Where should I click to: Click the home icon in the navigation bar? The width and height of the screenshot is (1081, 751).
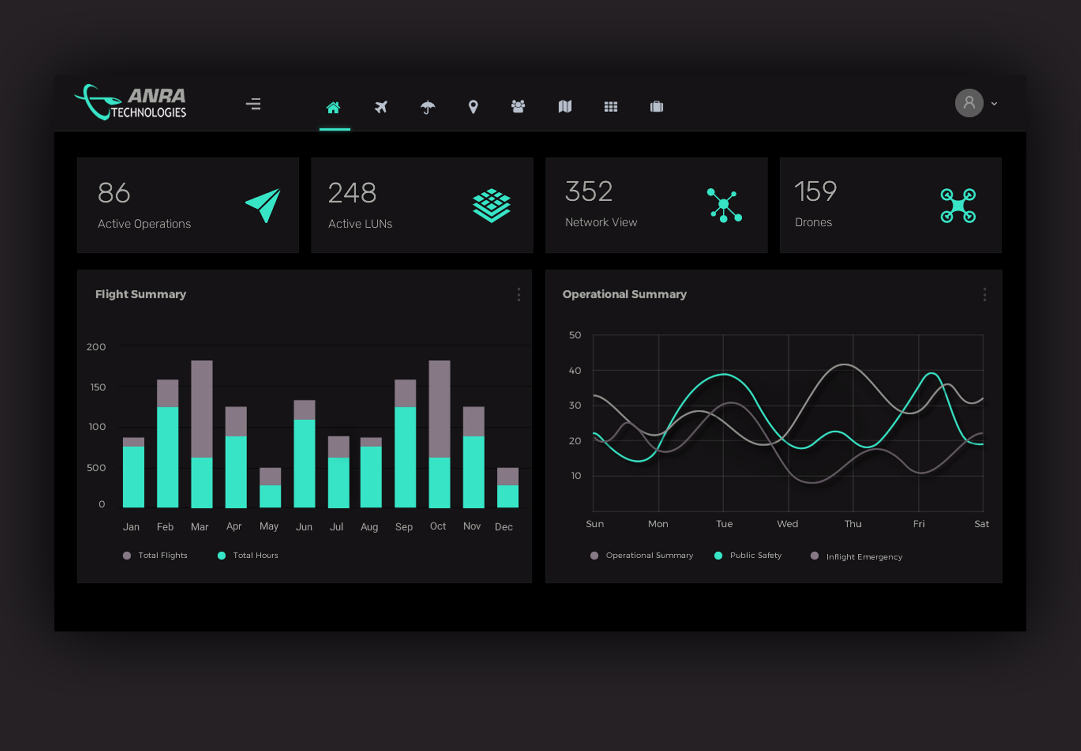point(333,107)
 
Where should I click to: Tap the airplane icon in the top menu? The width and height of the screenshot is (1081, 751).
point(381,107)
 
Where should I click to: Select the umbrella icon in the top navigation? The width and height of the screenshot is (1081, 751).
point(427,107)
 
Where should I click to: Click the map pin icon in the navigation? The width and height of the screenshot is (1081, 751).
point(473,107)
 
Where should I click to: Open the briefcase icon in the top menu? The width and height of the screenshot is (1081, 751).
point(657,107)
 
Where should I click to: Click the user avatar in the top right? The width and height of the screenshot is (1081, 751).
point(969,103)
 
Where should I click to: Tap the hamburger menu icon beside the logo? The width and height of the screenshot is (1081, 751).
point(253,104)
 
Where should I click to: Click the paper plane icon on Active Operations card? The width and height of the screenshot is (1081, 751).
point(263,205)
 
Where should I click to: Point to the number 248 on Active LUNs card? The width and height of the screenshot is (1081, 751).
point(352,193)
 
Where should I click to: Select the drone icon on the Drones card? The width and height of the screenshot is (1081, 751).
point(958,205)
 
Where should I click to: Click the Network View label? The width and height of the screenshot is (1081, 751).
point(601,222)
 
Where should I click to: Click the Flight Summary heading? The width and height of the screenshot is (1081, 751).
point(141,294)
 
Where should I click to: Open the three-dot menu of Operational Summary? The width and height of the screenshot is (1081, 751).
point(984,294)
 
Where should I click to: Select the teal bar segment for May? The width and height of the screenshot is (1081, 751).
point(270,496)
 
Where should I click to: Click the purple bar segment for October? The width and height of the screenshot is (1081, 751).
point(439,409)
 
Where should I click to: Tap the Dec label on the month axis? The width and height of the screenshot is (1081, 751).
point(503,527)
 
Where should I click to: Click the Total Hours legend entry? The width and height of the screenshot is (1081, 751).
point(248,555)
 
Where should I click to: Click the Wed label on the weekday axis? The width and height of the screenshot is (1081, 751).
point(787,524)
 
